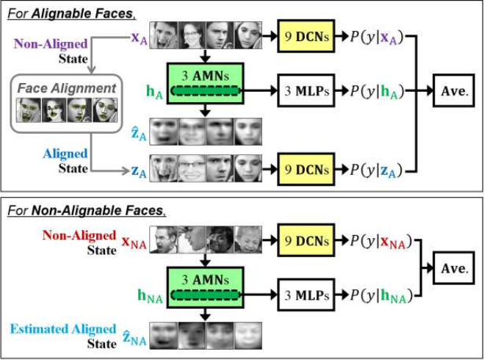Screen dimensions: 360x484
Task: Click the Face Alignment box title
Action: (68, 88)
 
